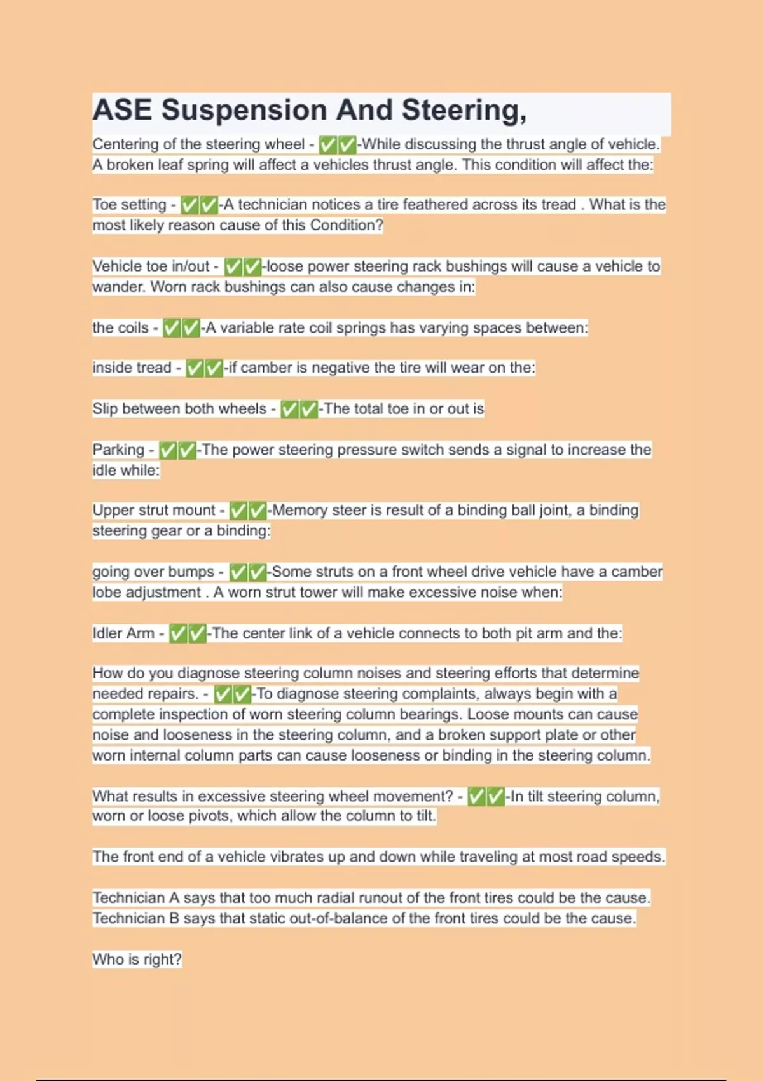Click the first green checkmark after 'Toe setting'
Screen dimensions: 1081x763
tap(189, 205)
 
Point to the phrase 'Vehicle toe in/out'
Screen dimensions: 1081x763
tap(151, 266)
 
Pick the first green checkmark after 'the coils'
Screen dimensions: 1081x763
tap(172, 328)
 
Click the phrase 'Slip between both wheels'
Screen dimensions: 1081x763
tap(179, 409)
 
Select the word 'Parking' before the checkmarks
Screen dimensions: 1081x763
tap(118, 450)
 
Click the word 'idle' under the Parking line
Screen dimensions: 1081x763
tap(105, 471)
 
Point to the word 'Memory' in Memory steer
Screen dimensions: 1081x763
tap(299, 510)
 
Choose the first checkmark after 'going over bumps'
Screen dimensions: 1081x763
tap(238, 572)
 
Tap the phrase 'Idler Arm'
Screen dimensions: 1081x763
tap(123, 633)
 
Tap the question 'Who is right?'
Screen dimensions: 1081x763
tap(137, 960)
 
